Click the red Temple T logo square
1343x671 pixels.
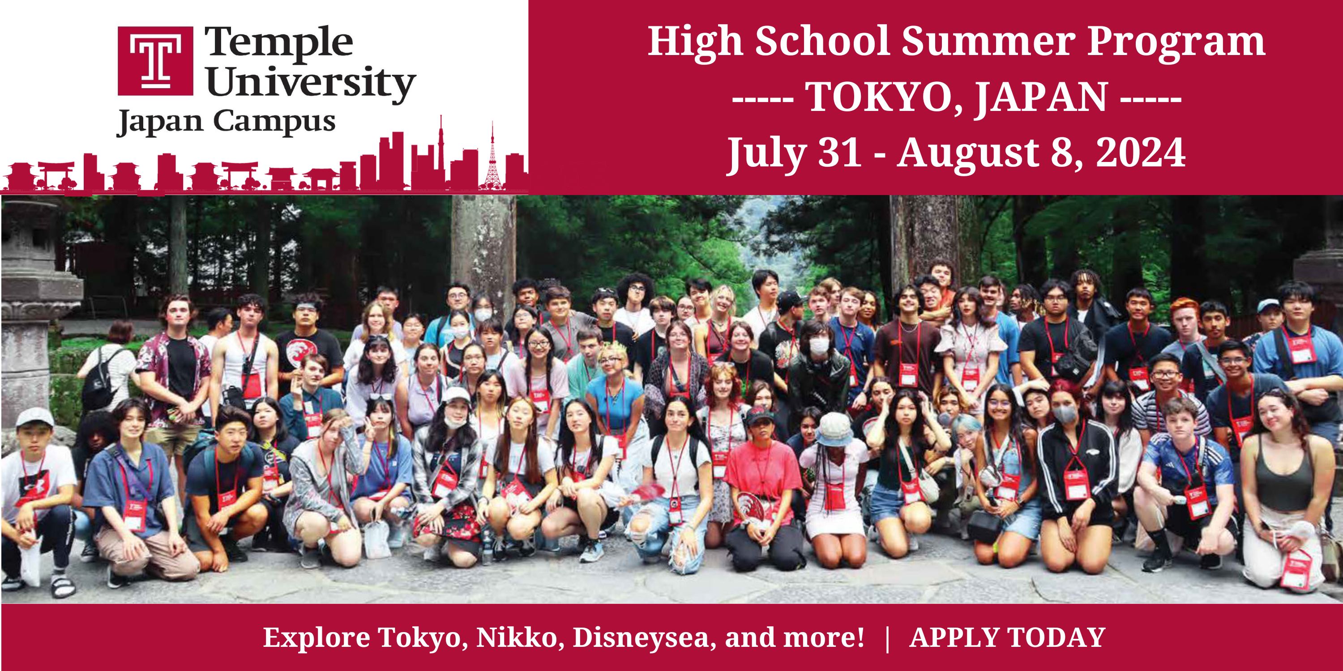pyautogui.click(x=155, y=61)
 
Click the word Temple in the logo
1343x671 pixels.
pyautogui.click(x=279, y=42)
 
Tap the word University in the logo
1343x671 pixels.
pyautogui.click(x=311, y=83)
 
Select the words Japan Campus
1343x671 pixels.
pyautogui.click(x=226, y=123)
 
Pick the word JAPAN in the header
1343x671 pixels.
pyautogui.click(x=1041, y=98)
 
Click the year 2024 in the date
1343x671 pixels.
pyautogui.click(x=1140, y=153)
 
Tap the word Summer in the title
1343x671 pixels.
pyautogui.click(x=988, y=42)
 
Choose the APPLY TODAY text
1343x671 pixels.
pyautogui.click(x=1007, y=637)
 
